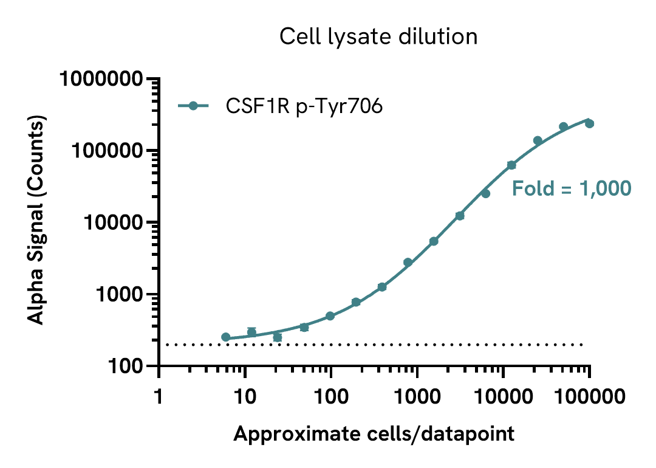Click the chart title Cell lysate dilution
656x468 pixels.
click(378, 37)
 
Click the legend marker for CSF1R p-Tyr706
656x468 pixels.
click(193, 106)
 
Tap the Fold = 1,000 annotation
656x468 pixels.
click(572, 188)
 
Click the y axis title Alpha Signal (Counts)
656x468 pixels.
click(38, 222)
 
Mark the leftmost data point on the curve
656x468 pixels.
click(226, 337)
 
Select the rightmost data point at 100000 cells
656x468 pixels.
click(589, 123)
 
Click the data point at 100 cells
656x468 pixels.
click(330, 316)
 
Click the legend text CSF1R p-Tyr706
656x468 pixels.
click(304, 106)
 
